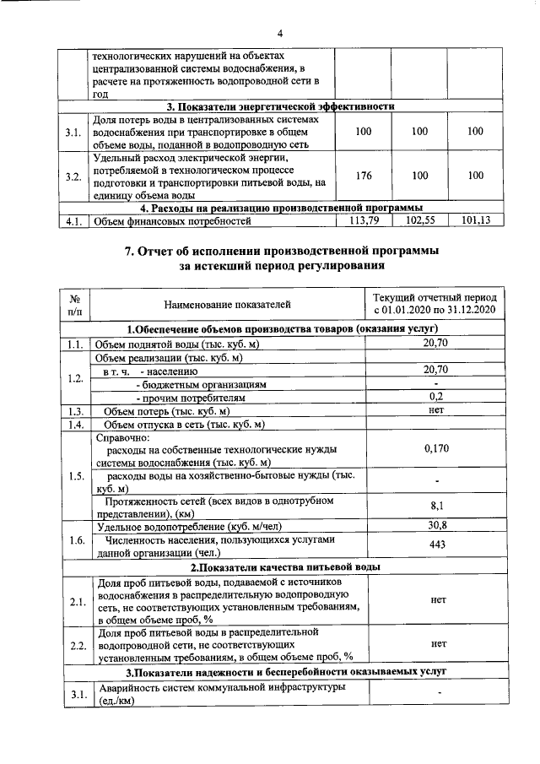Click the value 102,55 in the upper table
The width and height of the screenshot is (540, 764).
418,221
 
